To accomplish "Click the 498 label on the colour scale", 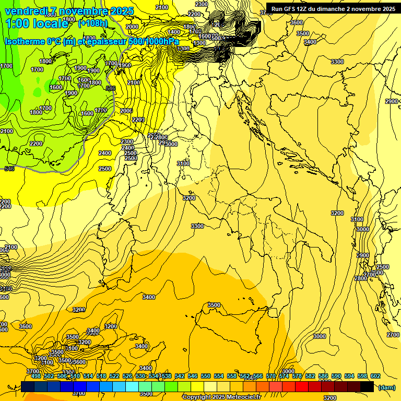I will (36, 376).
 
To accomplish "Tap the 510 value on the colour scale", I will (75, 376).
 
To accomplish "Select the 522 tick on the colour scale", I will (114, 376).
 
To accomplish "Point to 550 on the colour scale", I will (206, 376).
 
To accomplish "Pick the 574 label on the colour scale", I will (284, 376).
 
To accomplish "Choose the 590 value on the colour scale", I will (336, 376).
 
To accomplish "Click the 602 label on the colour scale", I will (375, 376).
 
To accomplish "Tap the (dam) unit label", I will (387, 387).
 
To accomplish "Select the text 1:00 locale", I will (37, 23).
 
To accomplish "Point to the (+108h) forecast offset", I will (93, 23).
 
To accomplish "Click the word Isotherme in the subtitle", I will (26, 42).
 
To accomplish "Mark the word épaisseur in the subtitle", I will (104, 42).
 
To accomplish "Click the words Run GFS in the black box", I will (284, 9).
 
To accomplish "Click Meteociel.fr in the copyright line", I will (247, 397).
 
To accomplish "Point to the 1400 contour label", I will (174, 32).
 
